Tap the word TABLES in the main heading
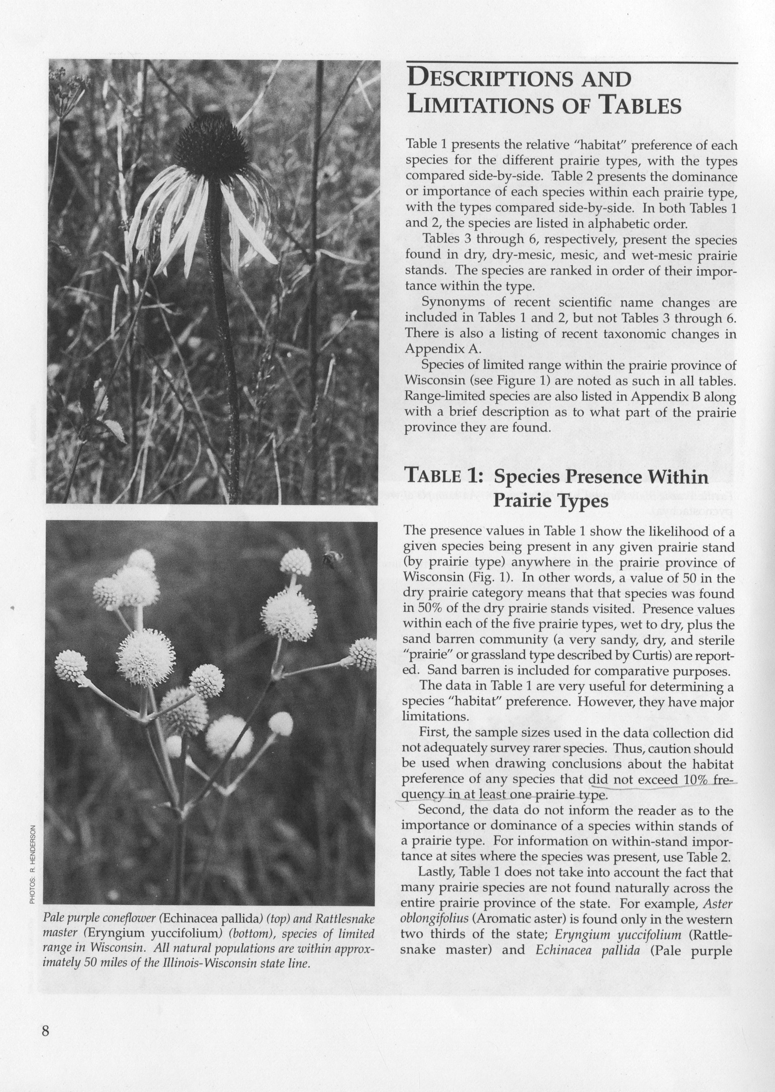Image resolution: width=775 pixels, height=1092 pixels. point(640,106)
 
